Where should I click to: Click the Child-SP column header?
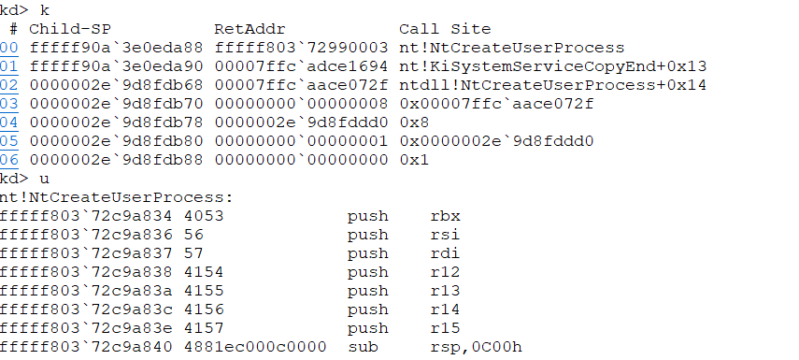(x=70, y=29)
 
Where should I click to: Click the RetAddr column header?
(x=250, y=29)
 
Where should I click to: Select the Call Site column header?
(x=445, y=29)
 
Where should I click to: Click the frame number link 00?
(x=9, y=48)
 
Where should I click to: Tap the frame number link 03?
(x=9, y=104)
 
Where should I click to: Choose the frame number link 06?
(x=9, y=160)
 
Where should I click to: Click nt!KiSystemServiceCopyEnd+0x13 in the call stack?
(x=553, y=66)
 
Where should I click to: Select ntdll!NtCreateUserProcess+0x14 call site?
(x=553, y=85)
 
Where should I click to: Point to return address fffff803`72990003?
(x=301, y=48)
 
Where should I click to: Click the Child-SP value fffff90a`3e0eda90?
(x=116, y=66)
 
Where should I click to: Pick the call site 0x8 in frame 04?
(x=414, y=122)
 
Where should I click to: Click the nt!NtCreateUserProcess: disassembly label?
(x=116, y=197)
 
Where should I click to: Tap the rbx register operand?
(x=446, y=216)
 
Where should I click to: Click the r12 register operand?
(x=446, y=272)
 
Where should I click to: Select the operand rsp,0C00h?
(x=477, y=347)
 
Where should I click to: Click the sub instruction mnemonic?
(x=363, y=347)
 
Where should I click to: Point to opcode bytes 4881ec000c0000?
(x=255, y=347)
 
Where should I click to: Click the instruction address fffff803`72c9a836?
(x=86, y=235)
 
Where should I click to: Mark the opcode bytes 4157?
(x=204, y=328)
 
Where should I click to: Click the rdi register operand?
(x=446, y=253)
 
